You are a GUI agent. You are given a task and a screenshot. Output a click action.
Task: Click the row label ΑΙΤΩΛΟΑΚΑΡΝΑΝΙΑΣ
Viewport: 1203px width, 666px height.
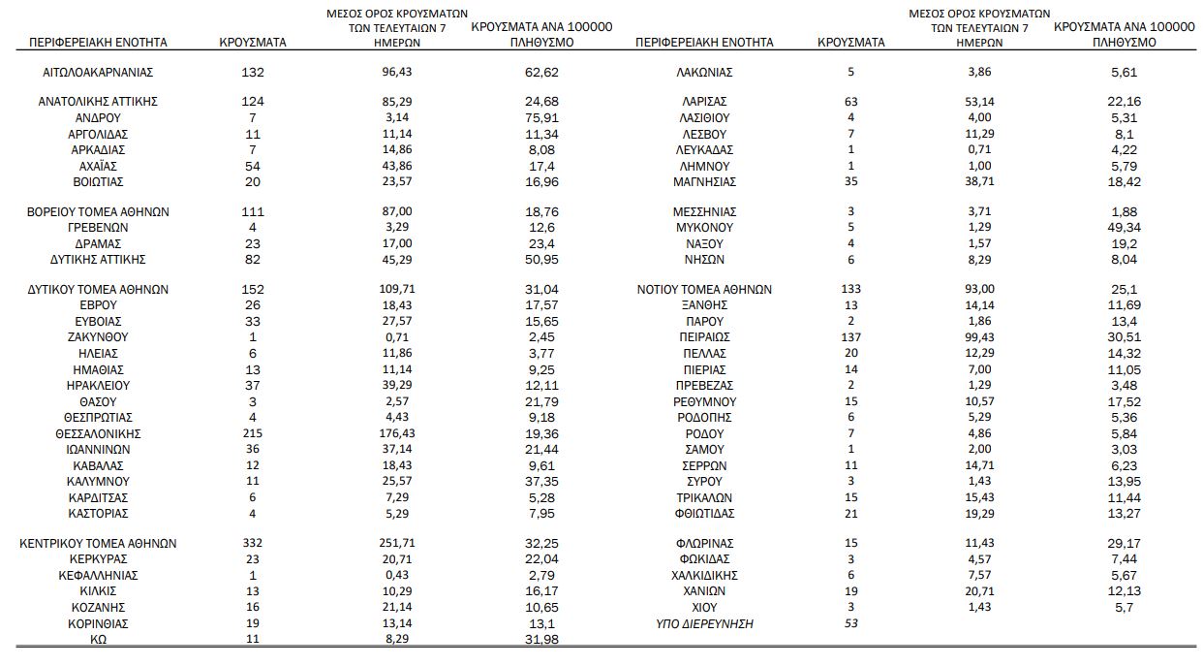pyautogui.click(x=99, y=72)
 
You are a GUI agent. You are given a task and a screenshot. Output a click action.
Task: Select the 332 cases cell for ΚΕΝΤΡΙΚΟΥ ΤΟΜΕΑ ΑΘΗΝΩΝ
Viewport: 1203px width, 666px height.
pyautogui.click(x=252, y=544)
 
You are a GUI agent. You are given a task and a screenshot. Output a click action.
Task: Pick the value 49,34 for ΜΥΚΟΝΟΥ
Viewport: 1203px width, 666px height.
pyautogui.click(x=1124, y=228)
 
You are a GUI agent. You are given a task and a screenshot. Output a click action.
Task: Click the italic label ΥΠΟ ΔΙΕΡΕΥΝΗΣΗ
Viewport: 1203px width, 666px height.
pyautogui.click(x=704, y=623)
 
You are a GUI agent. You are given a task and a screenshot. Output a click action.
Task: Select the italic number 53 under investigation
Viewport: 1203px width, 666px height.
pyautogui.click(x=851, y=623)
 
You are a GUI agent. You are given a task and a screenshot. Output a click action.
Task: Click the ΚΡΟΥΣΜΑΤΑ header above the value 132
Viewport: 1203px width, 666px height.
pyautogui.click(x=252, y=43)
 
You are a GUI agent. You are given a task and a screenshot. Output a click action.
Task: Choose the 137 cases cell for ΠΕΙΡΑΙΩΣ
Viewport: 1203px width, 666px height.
pyautogui.click(x=851, y=337)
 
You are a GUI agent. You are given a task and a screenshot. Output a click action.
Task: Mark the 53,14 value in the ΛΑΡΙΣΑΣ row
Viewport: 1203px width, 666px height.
pyautogui.click(x=978, y=102)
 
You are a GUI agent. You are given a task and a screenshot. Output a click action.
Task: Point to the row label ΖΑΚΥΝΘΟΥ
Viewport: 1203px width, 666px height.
pyautogui.click(x=99, y=337)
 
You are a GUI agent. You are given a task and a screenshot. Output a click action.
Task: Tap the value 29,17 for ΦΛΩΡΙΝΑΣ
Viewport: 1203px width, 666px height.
pyautogui.click(x=1124, y=544)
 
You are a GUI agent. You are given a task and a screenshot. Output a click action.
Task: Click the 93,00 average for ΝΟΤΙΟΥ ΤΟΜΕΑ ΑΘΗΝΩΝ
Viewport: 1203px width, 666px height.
pyautogui.click(x=978, y=289)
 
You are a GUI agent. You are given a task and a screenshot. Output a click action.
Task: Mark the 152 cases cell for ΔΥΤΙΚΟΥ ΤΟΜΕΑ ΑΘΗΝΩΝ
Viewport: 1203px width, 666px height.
pyautogui.click(x=252, y=289)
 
